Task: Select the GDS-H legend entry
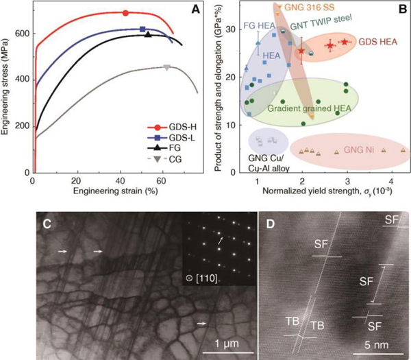(x=173, y=128)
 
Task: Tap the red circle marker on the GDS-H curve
(x=125, y=13)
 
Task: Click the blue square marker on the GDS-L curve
(x=142, y=29)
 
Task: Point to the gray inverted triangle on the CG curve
(x=167, y=67)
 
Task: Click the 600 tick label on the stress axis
(x=21, y=34)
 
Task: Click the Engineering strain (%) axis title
(x=102, y=190)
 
